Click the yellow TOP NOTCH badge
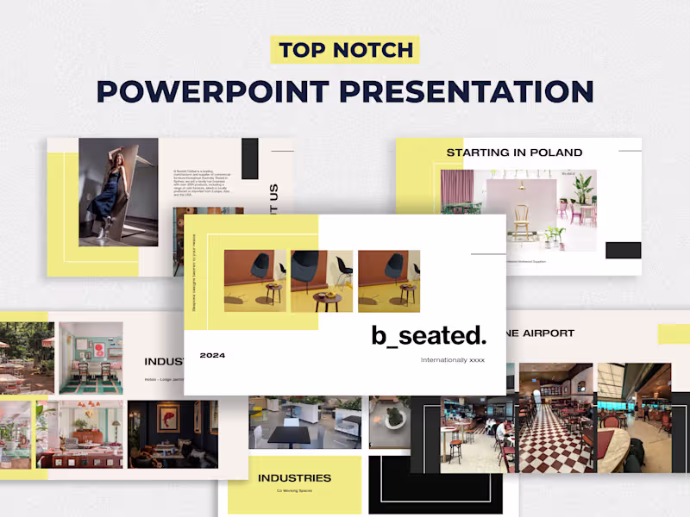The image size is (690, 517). [x=345, y=50]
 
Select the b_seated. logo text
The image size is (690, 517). [x=429, y=334]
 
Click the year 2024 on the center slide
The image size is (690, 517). [x=212, y=355]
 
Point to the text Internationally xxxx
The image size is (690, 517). [x=452, y=360]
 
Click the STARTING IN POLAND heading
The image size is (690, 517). [x=514, y=153]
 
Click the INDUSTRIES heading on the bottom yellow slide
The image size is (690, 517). [x=294, y=477]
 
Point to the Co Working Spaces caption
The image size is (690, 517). [x=293, y=491]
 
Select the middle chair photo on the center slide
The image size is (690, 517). [x=322, y=281]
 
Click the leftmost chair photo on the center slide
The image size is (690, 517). [x=254, y=281]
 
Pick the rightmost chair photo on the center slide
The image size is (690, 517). [x=389, y=281]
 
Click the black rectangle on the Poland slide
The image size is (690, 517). [x=623, y=250]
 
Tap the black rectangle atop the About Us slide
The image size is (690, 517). [x=250, y=159]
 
